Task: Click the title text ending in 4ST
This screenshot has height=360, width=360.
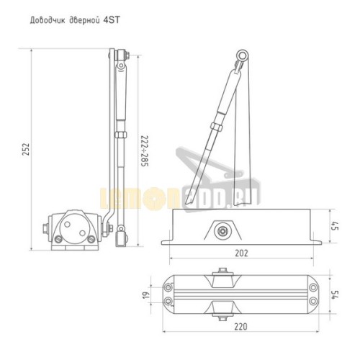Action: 75,20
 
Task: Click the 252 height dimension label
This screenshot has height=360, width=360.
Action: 26,149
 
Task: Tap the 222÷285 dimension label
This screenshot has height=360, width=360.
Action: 145,151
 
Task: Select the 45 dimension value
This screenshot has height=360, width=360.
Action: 336,226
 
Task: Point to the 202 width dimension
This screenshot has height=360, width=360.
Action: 241,253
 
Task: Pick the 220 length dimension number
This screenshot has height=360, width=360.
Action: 240,326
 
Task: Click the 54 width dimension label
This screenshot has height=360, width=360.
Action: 336,294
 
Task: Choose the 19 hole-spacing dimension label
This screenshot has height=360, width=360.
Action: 146,294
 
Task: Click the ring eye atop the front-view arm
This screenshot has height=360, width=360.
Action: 242,55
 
